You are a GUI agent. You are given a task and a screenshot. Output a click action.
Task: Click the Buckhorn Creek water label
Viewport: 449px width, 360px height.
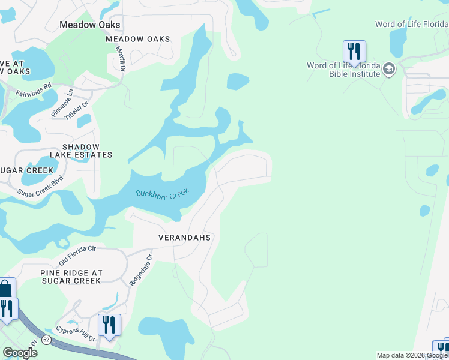pos(162,193)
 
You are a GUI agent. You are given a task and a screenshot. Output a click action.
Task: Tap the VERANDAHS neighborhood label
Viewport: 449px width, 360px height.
pos(184,238)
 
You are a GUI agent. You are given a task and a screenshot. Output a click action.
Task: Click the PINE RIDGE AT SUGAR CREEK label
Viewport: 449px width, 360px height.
pos(71,277)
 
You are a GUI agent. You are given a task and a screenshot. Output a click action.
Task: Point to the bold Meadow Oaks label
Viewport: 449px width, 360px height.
pos(90,25)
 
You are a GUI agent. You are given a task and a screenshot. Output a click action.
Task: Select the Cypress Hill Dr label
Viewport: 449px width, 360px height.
pos(75,334)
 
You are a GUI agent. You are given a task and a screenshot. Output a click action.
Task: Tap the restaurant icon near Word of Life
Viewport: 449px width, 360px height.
pos(354,51)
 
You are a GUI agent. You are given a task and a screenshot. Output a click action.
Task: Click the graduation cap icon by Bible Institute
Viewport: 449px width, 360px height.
pos(389,70)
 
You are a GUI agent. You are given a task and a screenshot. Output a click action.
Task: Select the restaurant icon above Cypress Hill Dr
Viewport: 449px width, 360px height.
pos(109,325)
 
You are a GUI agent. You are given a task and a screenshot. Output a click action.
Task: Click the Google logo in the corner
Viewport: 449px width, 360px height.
pos(20,353)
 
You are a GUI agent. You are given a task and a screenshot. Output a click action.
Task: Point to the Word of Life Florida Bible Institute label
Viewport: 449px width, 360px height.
pos(343,70)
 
